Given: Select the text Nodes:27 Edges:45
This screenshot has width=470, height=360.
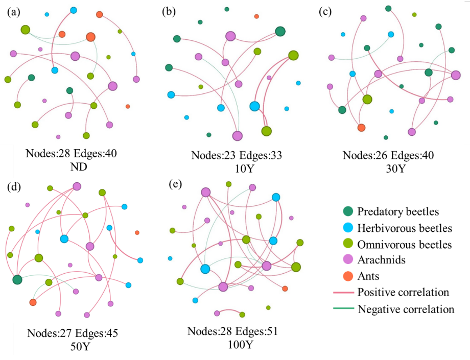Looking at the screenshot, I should point(73,334).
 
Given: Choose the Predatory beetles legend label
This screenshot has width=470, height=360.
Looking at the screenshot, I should point(398,211).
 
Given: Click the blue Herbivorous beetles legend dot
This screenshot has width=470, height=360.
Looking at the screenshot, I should point(348,228).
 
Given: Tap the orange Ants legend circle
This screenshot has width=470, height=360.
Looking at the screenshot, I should point(348,276).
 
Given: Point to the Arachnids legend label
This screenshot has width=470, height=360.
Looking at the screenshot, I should point(381,260).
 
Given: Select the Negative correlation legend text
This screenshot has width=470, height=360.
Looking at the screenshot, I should point(406,309).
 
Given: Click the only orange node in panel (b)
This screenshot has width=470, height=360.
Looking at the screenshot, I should point(256,17).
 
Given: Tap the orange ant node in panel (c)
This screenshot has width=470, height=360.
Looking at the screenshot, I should point(361,127).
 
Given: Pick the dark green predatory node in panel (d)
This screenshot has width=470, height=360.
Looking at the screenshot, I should point(17,279).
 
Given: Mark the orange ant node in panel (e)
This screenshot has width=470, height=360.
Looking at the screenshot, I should point(285,289).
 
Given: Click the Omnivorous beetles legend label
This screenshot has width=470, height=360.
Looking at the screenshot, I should point(405,244).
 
